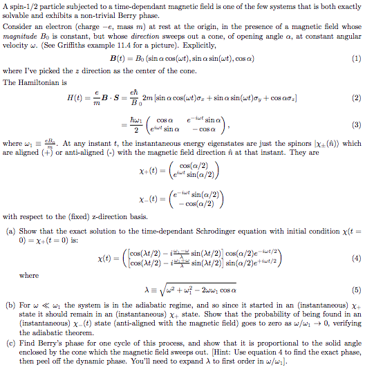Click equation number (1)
click(x=356, y=59)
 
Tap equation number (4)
click(x=356, y=257)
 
